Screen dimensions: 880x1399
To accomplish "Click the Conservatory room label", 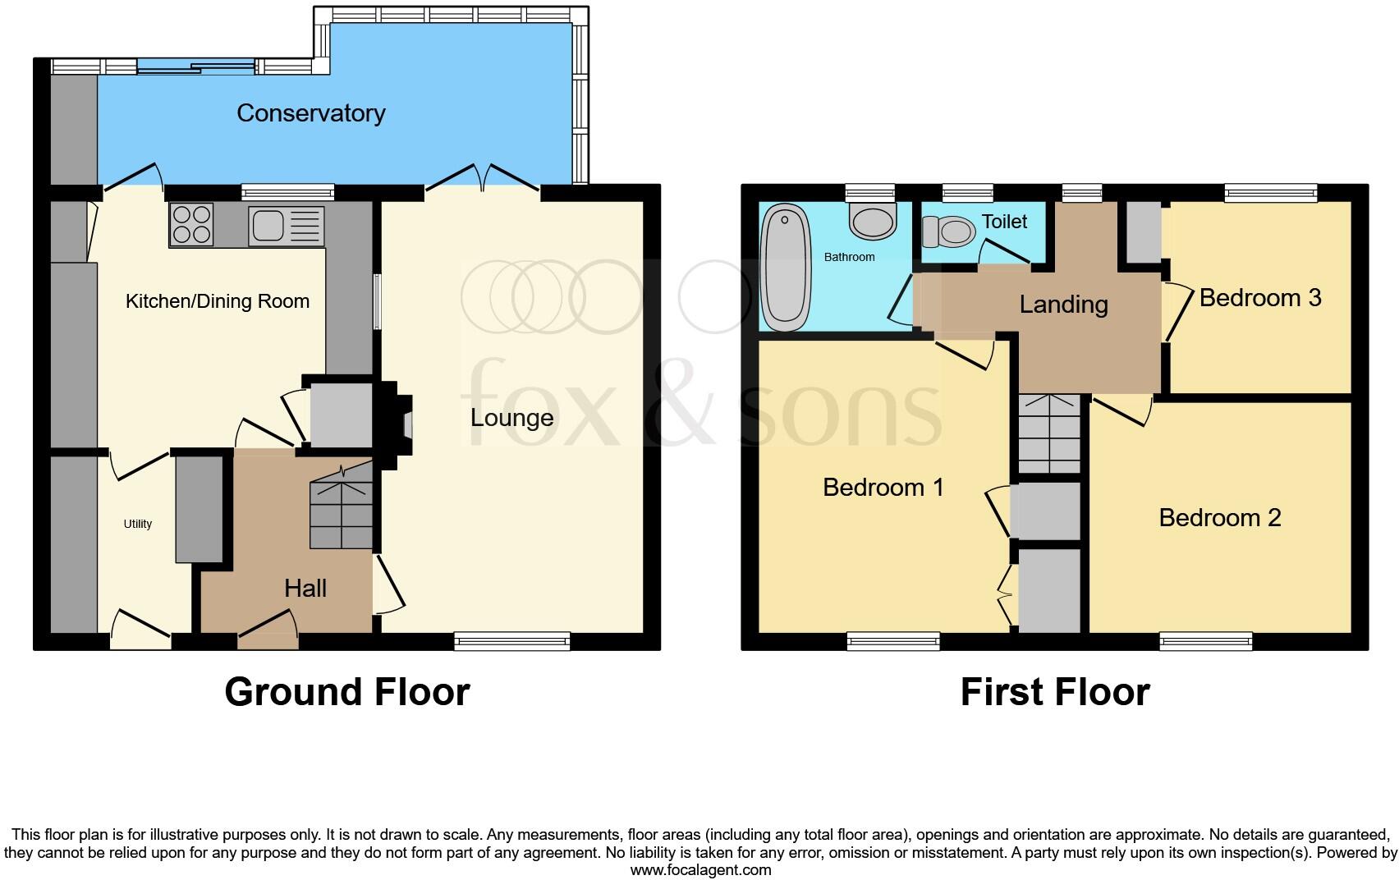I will [x=310, y=113].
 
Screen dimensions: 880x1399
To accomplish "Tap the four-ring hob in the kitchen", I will [x=191, y=224].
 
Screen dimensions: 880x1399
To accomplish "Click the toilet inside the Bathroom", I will [x=873, y=219].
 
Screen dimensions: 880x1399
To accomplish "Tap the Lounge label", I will [x=511, y=418].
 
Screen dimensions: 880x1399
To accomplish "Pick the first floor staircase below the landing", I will [x=1049, y=433].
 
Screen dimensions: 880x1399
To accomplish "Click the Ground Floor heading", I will [x=346, y=692].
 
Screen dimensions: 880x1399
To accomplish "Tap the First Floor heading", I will [x=1054, y=692].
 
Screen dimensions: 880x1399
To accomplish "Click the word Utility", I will [x=138, y=524].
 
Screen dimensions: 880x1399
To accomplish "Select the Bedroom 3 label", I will [x=1259, y=298].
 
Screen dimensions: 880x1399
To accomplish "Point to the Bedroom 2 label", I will [x=1219, y=518].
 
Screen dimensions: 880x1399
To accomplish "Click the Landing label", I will [x=1063, y=305].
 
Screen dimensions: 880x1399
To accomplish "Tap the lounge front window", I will [x=512, y=641].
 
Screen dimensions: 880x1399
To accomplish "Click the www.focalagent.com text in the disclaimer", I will [x=700, y=870].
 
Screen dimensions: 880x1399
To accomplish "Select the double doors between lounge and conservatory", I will [x=483, y=182].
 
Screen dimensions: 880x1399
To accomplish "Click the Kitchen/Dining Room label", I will [x=218, y=301].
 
